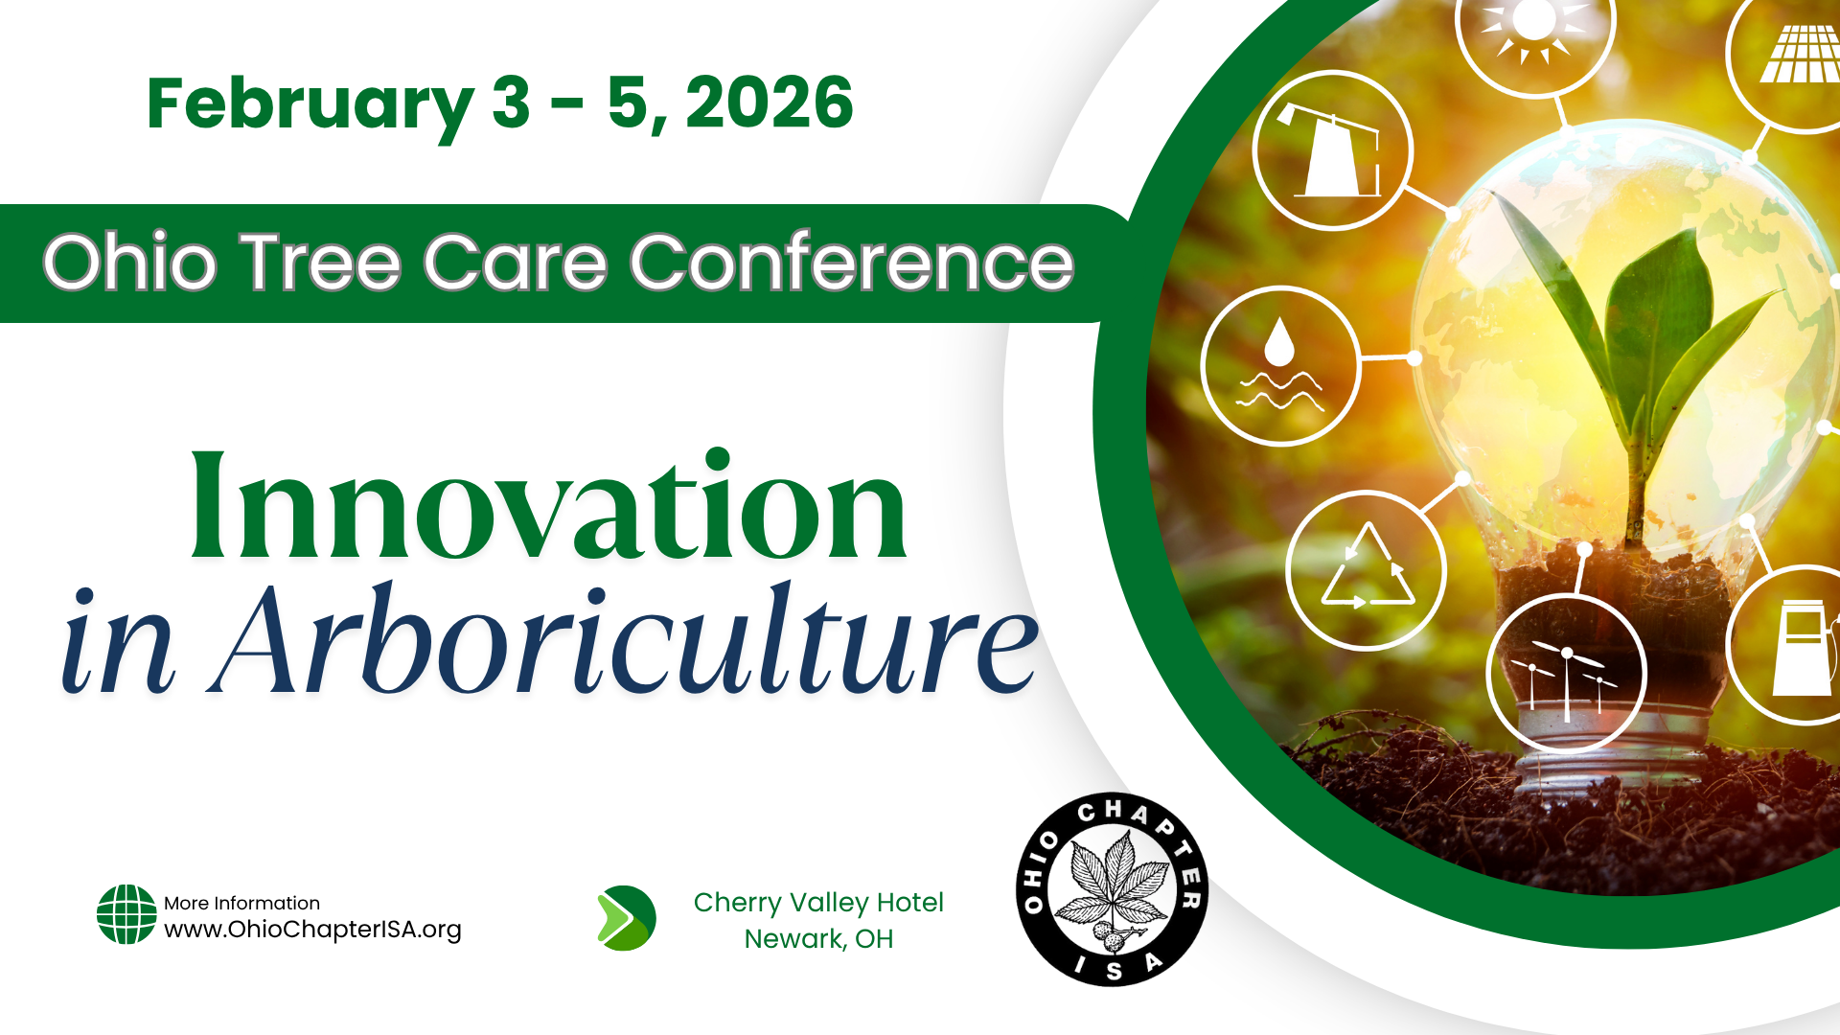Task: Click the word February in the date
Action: [310, 103]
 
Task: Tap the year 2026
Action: [769, 103]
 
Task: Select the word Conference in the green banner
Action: [851, 263]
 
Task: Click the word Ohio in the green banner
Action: [130, 263]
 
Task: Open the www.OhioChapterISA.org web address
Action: [312, 930]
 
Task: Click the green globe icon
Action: [126, 914]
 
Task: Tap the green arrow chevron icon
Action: [626, 918]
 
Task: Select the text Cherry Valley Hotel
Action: [818, 903]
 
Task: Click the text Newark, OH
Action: [818, 939]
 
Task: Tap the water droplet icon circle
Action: [1280, 366]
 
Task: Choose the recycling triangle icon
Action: [1367, 571]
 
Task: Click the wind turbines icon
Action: [1566, 675]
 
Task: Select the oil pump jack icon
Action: [1333, 150]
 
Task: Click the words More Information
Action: [241, 903]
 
